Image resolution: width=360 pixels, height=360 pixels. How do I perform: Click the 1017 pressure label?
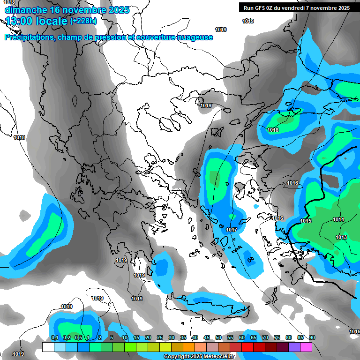pos(231,230)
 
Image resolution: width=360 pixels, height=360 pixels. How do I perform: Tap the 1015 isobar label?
pos(306,221)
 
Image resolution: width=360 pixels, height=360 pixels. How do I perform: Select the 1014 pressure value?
pos(338,219)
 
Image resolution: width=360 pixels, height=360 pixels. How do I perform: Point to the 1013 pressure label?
pos(341,237)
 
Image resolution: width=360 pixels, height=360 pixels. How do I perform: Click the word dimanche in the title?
pos(26,10)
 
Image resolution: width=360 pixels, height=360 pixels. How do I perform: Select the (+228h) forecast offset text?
pos(83,21)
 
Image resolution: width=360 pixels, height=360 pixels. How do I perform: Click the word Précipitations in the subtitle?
pos(28,37)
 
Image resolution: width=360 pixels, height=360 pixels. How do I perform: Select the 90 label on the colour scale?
pos(312,337)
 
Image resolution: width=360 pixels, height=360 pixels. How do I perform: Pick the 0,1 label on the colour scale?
pos(54,337)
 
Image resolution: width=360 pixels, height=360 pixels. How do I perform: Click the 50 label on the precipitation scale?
pos(218,337)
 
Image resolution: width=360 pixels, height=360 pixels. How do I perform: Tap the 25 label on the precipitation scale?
pos(160,337)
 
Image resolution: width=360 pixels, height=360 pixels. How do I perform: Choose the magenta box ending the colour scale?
pos(306,347)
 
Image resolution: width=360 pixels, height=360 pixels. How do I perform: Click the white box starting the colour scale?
pos(48,347)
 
